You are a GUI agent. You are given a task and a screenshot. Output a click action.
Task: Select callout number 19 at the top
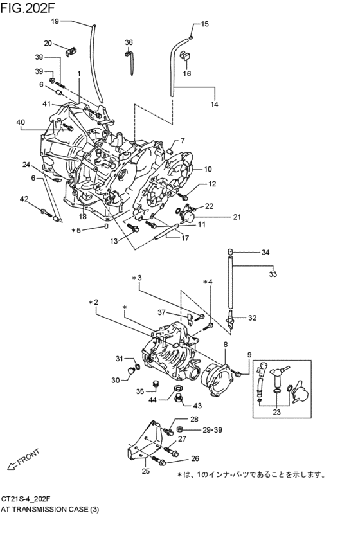[x=55, y=21]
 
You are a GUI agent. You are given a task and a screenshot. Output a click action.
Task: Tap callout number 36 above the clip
[x=129, y=42]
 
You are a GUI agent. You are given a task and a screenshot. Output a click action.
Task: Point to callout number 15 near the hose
[x=204, y=24]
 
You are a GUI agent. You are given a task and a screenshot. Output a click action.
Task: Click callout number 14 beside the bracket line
[x=214, y=104]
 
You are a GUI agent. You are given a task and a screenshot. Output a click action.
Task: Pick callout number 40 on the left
[x=21, y=122]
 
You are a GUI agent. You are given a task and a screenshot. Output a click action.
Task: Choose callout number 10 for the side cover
[x=208, y=170]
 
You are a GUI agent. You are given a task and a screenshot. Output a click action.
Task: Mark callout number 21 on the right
[x=219, y=217]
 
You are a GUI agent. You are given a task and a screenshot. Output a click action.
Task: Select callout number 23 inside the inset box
[x=278, y=413]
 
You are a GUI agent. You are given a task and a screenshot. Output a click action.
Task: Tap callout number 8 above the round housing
[x=225, y=345]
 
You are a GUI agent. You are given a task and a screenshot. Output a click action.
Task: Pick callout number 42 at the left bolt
[x=24, y=199]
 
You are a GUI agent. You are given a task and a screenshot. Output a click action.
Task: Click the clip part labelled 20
[x=72, y=48]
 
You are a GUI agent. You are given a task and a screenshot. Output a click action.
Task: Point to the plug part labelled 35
[x=154, y=385]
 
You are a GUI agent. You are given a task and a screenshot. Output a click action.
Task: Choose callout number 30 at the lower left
[x=115, y=380]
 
